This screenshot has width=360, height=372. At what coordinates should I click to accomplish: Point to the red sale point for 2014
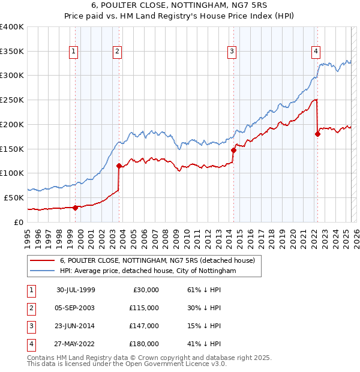coord(233,150)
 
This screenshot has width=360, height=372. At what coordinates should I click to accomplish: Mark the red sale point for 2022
coord(317,134)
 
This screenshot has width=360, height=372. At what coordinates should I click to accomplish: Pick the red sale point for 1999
coord(76,208)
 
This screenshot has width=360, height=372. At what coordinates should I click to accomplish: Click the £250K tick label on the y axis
coord(12,100)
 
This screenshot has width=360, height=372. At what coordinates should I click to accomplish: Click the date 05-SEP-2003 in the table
coord(76,308)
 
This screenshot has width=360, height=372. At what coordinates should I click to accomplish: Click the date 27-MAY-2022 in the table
coord(76,344)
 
